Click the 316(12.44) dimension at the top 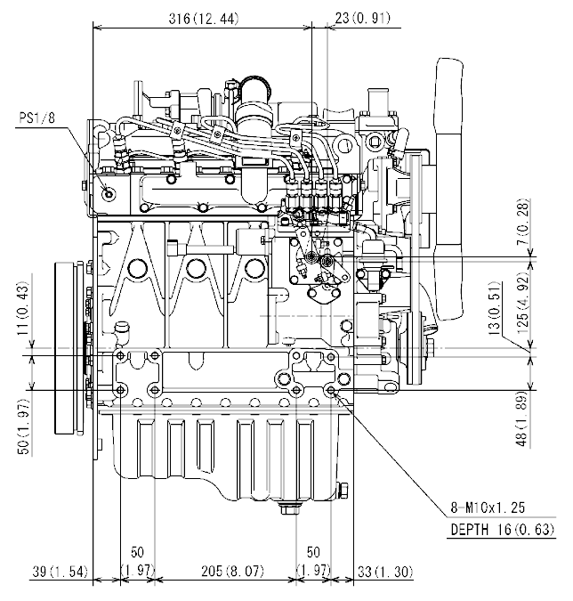(x=203, y=20)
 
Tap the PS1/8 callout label (x=38, y=116)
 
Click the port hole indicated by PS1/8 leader (x=109, y=194)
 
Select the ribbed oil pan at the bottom (x=222, y=454)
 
